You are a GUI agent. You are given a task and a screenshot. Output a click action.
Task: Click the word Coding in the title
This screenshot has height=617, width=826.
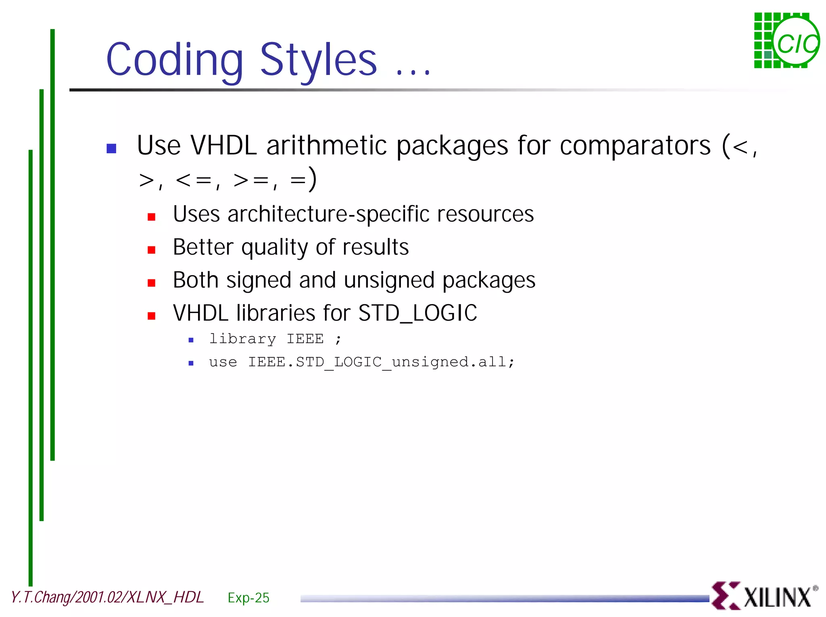174,60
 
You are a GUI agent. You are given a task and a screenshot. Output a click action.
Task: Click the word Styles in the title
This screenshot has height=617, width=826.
318,60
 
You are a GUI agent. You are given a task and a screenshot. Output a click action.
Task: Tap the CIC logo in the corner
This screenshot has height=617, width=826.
786,41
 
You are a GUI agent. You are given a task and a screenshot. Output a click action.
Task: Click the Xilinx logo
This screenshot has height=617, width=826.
764,596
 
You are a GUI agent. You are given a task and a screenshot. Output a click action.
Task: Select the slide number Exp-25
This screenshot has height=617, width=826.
248,598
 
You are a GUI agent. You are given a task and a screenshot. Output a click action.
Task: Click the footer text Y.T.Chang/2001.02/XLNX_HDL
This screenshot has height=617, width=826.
107,597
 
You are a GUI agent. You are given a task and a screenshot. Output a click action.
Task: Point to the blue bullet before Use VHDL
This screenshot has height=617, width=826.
111,148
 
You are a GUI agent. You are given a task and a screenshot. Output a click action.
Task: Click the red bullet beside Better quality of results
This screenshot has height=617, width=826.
152,250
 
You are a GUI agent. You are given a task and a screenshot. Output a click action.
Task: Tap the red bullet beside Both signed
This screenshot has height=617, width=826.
152,283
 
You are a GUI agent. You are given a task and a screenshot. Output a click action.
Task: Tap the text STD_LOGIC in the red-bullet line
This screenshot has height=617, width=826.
417,313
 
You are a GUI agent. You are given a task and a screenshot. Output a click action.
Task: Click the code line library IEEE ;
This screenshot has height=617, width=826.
275,339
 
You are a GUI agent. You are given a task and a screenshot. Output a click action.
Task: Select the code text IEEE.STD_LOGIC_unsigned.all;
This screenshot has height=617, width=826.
381,362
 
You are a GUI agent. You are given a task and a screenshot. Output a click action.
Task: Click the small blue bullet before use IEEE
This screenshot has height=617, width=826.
191,363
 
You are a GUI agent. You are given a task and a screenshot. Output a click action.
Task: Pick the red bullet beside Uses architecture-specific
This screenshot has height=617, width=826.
152,217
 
